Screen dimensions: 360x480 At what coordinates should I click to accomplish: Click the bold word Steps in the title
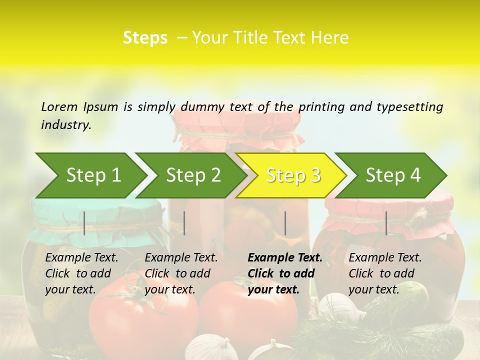point(145,37)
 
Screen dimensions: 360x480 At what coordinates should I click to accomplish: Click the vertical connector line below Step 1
point(84,223)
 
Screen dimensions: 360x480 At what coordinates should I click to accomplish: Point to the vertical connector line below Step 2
point(184,223)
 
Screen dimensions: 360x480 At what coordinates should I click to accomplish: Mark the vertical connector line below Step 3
point(285,223)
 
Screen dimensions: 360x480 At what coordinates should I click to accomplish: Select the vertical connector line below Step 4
point(386,223)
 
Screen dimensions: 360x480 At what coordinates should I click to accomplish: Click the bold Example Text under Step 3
point(285,273)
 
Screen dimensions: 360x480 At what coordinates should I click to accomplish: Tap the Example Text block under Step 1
point(81,273)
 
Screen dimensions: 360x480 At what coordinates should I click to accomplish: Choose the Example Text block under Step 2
point(181,273)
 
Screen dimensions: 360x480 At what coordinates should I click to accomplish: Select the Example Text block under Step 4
point(385,273)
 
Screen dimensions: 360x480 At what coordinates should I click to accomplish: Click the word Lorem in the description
point(59,106)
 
